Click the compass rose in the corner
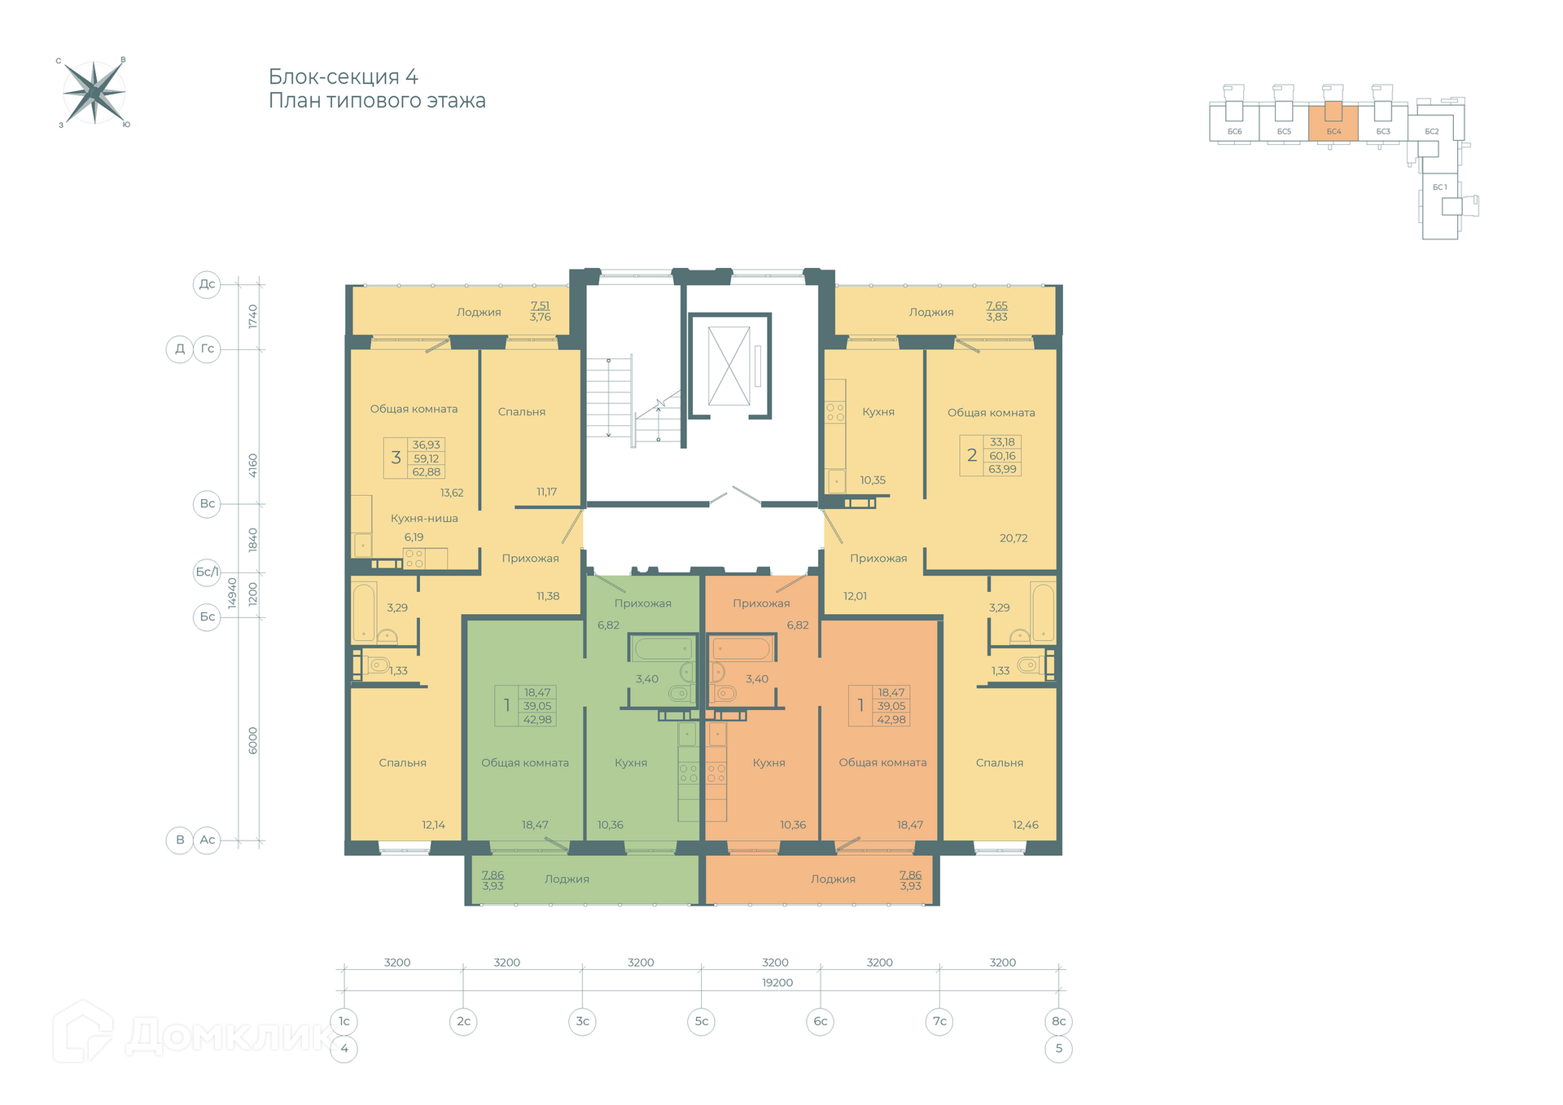(94, 92)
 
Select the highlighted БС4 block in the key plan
(1333, 123)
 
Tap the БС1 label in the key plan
(1440, 187)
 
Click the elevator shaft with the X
(729, 366)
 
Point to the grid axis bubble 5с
(701, 1021)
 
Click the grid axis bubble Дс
(207, 284)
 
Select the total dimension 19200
(777, 983)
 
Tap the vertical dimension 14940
(232, 593)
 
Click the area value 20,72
(1014, 538)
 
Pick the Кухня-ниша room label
(424, 518)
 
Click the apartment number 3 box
(396, 458)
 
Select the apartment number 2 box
(971, 455)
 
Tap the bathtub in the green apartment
(663, 649)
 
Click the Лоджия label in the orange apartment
(833, 879)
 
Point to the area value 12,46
(1025, 825)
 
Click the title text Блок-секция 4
(343, 77)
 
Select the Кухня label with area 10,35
(878, 412)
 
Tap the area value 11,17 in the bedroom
(546, 492)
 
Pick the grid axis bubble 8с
(1058, 1021)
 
